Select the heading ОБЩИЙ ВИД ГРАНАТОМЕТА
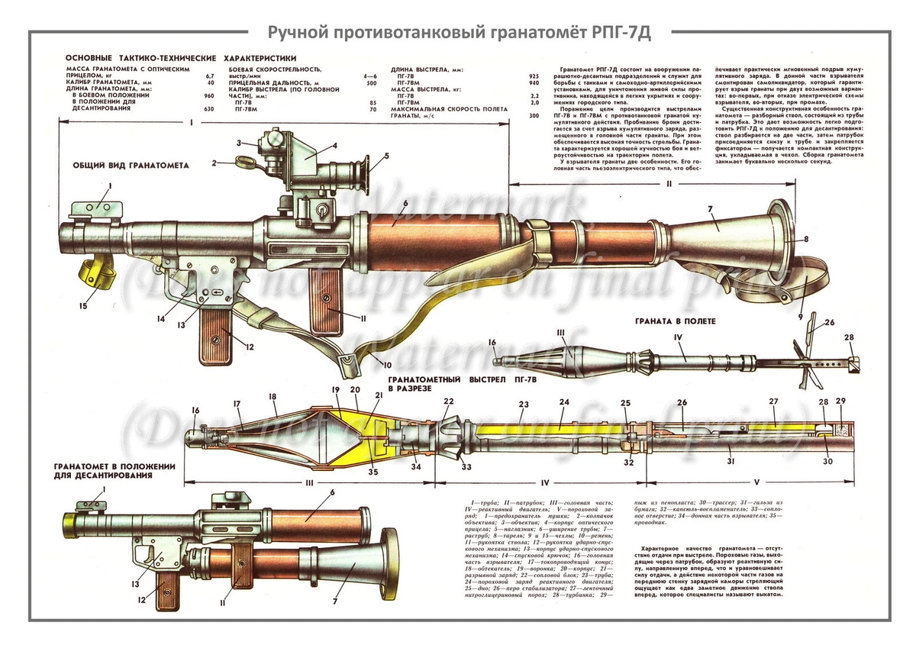[131, 165]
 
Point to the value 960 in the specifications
[209, 96]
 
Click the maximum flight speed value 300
[534, 115]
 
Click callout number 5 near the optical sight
[386, 156]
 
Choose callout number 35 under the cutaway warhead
[373, 472]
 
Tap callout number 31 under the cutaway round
[731, 461]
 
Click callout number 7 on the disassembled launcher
[335, 601]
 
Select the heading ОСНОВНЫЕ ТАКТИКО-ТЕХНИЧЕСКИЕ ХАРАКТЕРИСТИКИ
[180, 58]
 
